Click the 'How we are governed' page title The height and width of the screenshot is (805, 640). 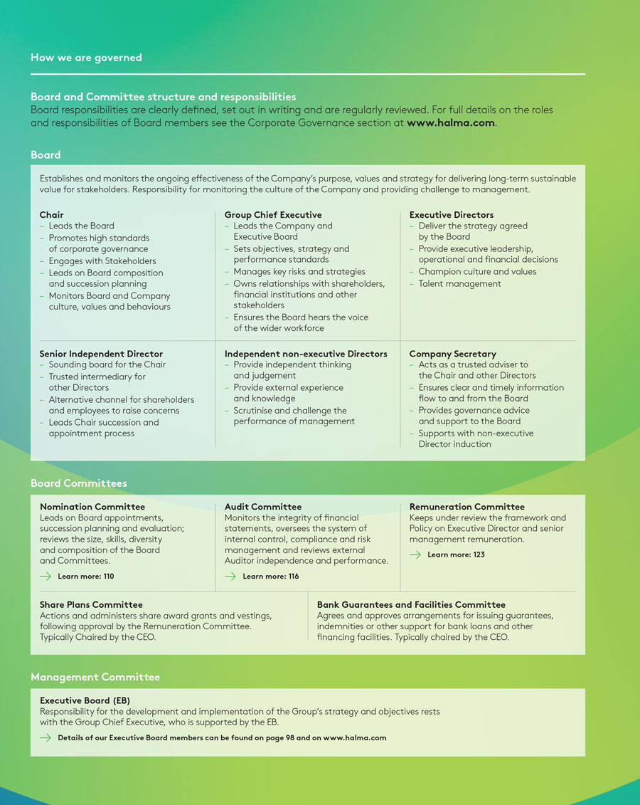86,58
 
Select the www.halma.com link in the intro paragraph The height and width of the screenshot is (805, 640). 450,122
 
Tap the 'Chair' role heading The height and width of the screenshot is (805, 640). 52,214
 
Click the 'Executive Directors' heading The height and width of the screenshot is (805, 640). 452,214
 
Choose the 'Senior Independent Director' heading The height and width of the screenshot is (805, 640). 101,353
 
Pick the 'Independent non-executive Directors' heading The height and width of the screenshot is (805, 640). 306,353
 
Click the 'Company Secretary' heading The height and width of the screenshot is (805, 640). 452,353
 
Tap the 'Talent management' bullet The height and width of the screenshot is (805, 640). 459,283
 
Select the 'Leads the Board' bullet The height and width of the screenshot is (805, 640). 81,226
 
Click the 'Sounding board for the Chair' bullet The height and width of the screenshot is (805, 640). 107,364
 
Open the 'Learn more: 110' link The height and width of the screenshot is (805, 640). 85,576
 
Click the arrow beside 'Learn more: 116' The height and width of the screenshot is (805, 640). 230,576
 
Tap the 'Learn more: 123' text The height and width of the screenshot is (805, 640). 456,554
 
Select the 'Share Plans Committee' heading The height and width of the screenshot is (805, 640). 91,604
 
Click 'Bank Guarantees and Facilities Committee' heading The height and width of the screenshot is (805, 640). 411,604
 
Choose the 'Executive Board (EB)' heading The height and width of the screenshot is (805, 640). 85,700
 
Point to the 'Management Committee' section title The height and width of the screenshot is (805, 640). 95,677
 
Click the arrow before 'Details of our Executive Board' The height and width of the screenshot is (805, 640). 46,737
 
